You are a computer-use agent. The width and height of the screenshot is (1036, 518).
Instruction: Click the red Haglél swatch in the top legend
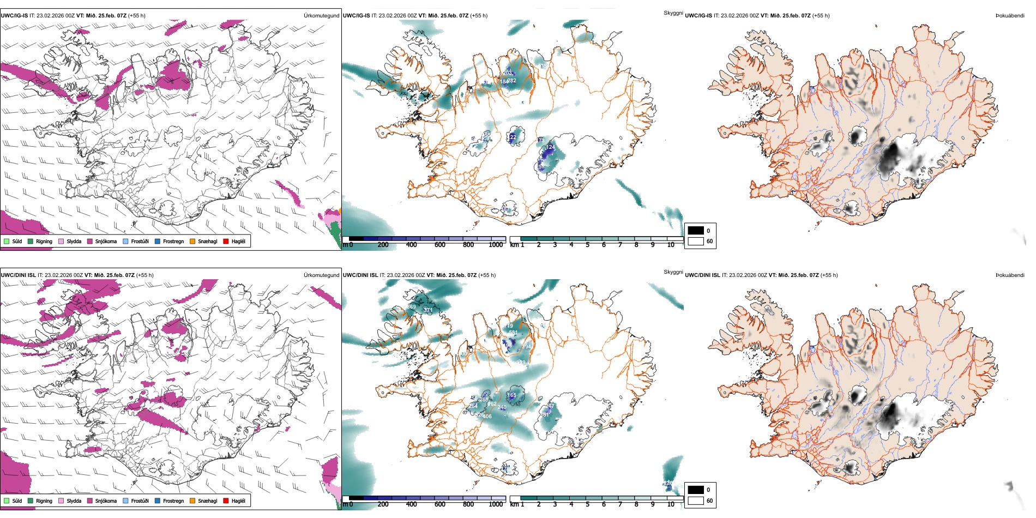pyautogui.click(x=226, y=241)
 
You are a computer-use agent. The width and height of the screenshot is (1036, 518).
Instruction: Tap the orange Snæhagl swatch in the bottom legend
pyautogui.click(x=192, y=501)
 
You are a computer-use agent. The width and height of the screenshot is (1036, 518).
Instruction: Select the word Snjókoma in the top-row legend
pyautogui.click(x=106, y=241)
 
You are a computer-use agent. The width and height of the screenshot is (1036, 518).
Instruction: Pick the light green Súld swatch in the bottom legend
pyautogui.click(x=7, y=501)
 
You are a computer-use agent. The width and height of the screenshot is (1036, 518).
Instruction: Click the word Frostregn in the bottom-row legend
pyautogui.click(x=173, y=501)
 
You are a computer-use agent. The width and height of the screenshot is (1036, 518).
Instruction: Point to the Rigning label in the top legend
pyautogui.click(x=44, y=241)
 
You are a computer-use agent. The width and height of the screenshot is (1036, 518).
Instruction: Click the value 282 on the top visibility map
pyautogui.click(x=511, y=81)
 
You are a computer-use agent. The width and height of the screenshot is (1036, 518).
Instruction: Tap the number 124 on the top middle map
pyautogui.click(x=551, y=147)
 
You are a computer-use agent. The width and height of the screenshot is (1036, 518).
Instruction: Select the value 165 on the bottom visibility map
pyautogui.click(x=511, y=395)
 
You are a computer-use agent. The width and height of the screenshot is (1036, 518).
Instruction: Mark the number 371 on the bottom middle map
pyautogui.click(x=428, y=310)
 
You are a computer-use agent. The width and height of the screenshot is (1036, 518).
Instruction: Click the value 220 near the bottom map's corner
pyautogui.click(x=668, y=483)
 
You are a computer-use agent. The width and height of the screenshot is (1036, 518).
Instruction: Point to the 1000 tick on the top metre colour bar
pyautogui.click(x=496, y=245)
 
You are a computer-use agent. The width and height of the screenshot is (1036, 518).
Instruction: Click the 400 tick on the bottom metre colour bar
pyautogui.click(x=412, y=504)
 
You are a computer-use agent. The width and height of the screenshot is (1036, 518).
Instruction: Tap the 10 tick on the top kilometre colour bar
pyautogui.click(x=671, y=245)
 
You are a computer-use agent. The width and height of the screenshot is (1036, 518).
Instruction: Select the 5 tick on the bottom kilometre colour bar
pyautogui.click(x=588, y=504)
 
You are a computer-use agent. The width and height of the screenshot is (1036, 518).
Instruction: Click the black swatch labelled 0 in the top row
pyautogui.click(x=696, y=231)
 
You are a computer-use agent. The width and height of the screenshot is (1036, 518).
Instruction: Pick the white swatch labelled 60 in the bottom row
pyautogui.click(x=696, y=501)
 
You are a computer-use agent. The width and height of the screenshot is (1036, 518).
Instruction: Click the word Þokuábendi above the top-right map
pyautogui.click(x=1010, y=16)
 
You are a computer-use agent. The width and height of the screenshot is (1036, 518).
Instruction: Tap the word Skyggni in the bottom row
pyautogui.click(x=673, y=272)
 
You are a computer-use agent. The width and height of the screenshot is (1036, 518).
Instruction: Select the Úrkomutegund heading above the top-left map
pyautogui.click(x=321, y=16)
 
